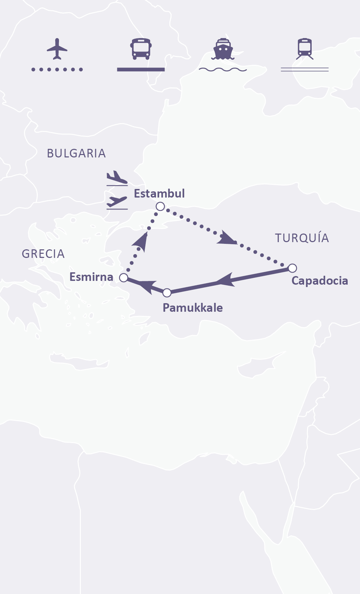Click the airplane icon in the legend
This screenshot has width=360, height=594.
tap(57, 49)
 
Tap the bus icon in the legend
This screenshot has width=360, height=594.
tap(141, 49)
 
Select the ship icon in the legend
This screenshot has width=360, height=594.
tap(223, 49)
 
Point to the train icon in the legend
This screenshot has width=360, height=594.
tap(305, 49)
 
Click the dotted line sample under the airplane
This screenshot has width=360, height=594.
tap(57, 70)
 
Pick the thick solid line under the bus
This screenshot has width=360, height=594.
tap(141, 70)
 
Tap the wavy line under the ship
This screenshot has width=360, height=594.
tap(223, 70)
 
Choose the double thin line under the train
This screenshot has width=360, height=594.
tap(305, 70)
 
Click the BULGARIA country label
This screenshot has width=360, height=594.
tap(76, 153)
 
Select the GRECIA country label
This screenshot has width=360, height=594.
tap(43, 254)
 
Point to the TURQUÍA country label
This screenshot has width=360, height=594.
tap(302, 238)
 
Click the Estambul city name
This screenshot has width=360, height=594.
tap(159, 193)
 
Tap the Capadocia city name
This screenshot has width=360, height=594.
tap(320, 281)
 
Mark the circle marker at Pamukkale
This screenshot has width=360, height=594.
tap(167, 293)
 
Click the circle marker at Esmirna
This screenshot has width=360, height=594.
tap(123, 277)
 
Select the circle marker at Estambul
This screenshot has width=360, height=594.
tap(160, 206)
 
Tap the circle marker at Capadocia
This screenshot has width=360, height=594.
tap(292, 268)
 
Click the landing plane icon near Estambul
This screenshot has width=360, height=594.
tap(117, 178)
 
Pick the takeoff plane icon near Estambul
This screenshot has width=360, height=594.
tap(117, 202)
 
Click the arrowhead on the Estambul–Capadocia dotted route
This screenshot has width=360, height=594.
tap(226, 238)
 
